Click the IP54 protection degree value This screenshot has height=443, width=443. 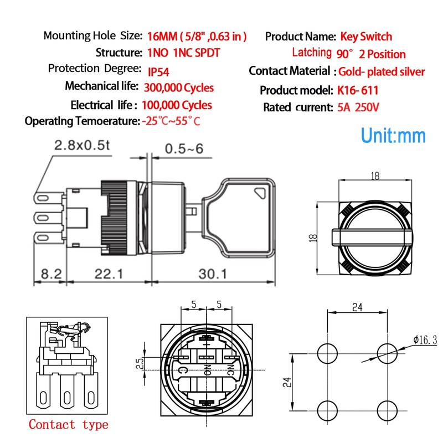(159, 71)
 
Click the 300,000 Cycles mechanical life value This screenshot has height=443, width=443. (178, 87)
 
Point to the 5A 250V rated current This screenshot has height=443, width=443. (358, 107)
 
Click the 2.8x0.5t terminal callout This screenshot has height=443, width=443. (83, 146)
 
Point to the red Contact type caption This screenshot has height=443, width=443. (68, 425)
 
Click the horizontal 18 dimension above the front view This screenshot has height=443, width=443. (375, 177)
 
